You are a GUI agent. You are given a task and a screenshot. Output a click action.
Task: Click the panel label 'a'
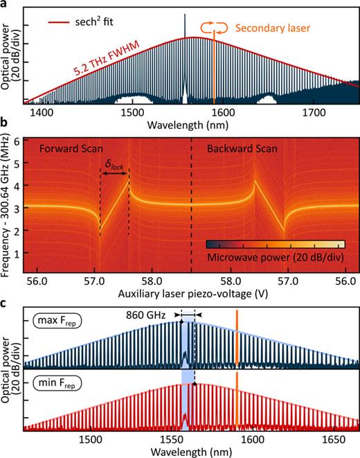pyautogui.click(x=5, y=6)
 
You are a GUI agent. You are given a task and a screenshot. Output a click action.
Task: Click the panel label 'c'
pyautogui.click(x=5, y=302)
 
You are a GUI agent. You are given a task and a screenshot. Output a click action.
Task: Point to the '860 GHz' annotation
pyautogui.click(x=149, y=314)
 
